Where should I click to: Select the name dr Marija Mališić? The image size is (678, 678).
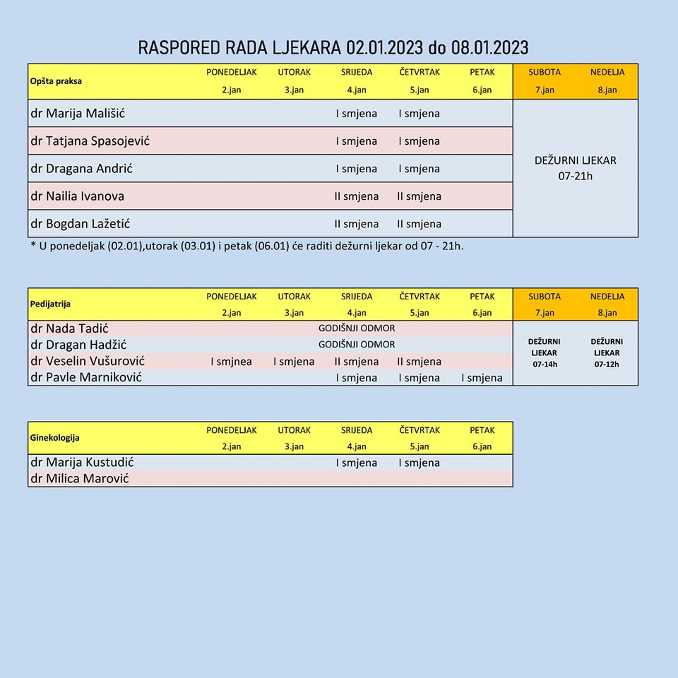(x=78, y=113)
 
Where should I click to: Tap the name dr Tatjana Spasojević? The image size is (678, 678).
(x=90, y=141)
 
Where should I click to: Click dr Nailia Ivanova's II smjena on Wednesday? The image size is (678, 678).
(x=357, y=196)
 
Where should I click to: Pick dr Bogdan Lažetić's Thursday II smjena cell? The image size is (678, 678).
(x=419, y=224)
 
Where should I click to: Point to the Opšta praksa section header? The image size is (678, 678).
(x=56, y=81)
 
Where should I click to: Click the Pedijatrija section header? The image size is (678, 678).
(x=50, y=304)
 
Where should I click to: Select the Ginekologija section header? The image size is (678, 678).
(x=54, y=438)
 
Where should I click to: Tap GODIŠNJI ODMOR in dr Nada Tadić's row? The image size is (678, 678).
(x=357, y=328)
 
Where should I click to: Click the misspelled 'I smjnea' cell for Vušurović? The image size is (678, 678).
(x=231, y=362)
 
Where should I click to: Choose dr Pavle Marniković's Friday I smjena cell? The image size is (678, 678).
(x=482, y=378)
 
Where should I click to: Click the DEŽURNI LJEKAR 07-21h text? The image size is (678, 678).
(x=575, y=168)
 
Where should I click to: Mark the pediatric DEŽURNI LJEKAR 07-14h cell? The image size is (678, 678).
(x=544, y=352)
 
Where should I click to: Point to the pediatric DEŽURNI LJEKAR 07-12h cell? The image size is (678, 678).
(x=607, y=352)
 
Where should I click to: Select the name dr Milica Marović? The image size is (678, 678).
(x=79, y=479)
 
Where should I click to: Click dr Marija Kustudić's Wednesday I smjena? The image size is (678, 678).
(x=357, y=463)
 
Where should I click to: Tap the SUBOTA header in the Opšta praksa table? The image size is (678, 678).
(x=545, y=72)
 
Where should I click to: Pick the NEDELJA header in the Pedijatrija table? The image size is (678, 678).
(x=607, y=297)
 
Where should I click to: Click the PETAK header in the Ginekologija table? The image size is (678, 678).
(x=482, y=430)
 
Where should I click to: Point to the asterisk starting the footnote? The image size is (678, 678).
(x=33, y=246)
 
